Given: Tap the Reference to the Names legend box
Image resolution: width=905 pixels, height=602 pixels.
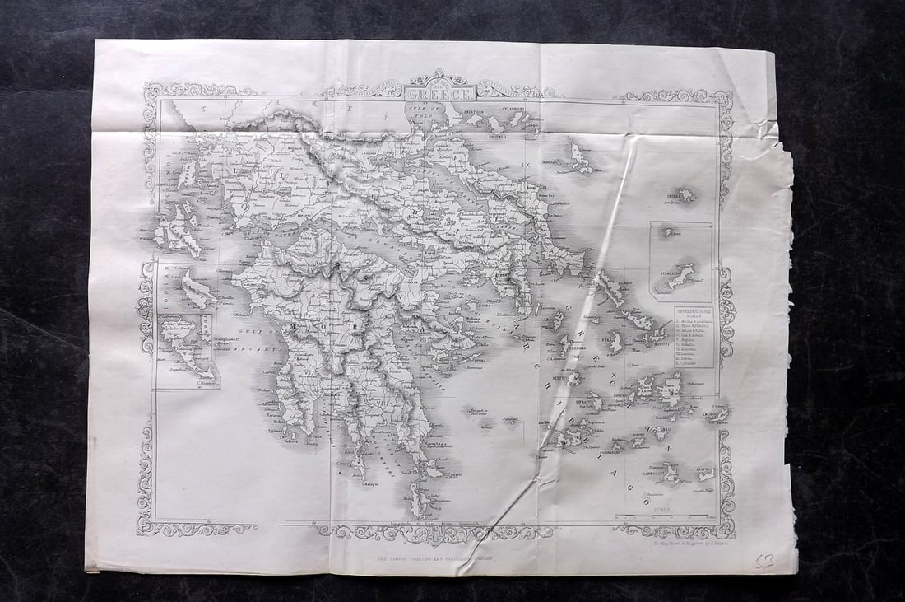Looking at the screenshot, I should (694, 336).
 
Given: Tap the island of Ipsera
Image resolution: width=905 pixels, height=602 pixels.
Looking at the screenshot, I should (683, 195).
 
